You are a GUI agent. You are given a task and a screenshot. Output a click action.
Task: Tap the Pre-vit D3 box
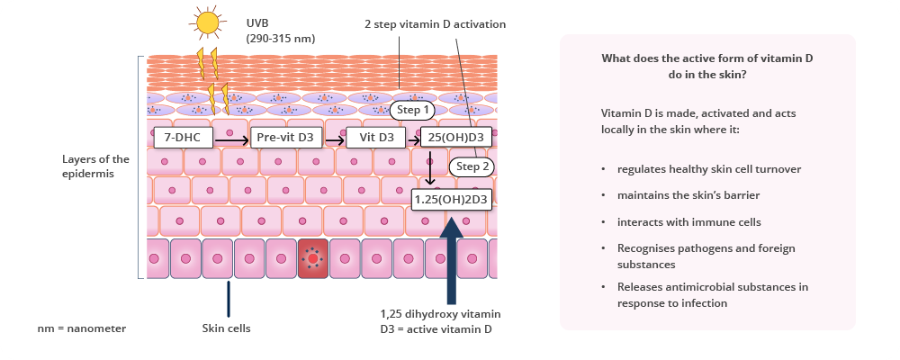pyautogui.click(x=284, y=138)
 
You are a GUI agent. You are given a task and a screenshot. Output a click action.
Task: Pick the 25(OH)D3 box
pyautogui.click(x=456, y=138)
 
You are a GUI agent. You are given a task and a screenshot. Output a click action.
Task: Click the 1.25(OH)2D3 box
pyautogui.click(x=451, y=198)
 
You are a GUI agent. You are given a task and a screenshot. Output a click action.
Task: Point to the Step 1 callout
pyautogui.click(x=416, y=110)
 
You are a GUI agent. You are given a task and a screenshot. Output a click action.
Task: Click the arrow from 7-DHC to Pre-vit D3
pyautogui.click(x=230, y=140)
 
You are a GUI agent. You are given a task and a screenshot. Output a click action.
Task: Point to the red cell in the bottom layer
pyautogui.click(x=313, y=259)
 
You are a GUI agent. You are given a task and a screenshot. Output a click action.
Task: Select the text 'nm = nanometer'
pyautogui.click(x=82, y=328)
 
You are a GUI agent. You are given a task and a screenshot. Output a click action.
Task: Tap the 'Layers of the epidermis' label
pyautogui.click(x=96, y=166)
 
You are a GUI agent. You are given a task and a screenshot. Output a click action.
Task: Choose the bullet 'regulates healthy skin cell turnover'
pyautogui.click(x=709, y=168)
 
